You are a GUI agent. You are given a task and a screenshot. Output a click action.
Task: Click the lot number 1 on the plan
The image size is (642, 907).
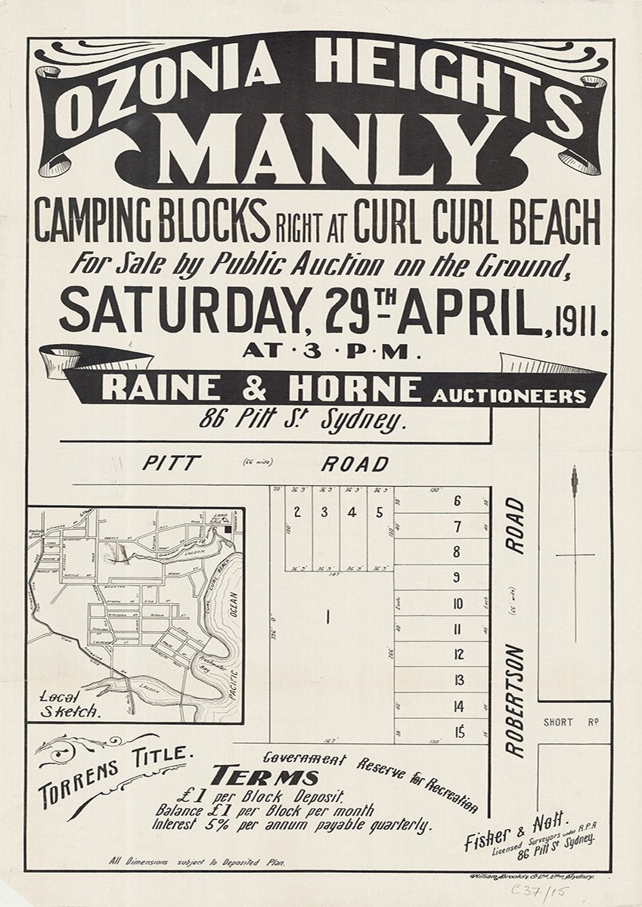(327, 618)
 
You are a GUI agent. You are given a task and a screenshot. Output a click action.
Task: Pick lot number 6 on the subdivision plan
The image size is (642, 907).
(457, 501)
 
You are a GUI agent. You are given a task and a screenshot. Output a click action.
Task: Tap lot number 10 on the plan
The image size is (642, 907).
(457, 604)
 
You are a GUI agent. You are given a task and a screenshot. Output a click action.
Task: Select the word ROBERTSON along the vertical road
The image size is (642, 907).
(515, 699)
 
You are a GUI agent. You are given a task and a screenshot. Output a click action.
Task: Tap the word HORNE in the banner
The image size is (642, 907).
(364, 388)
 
